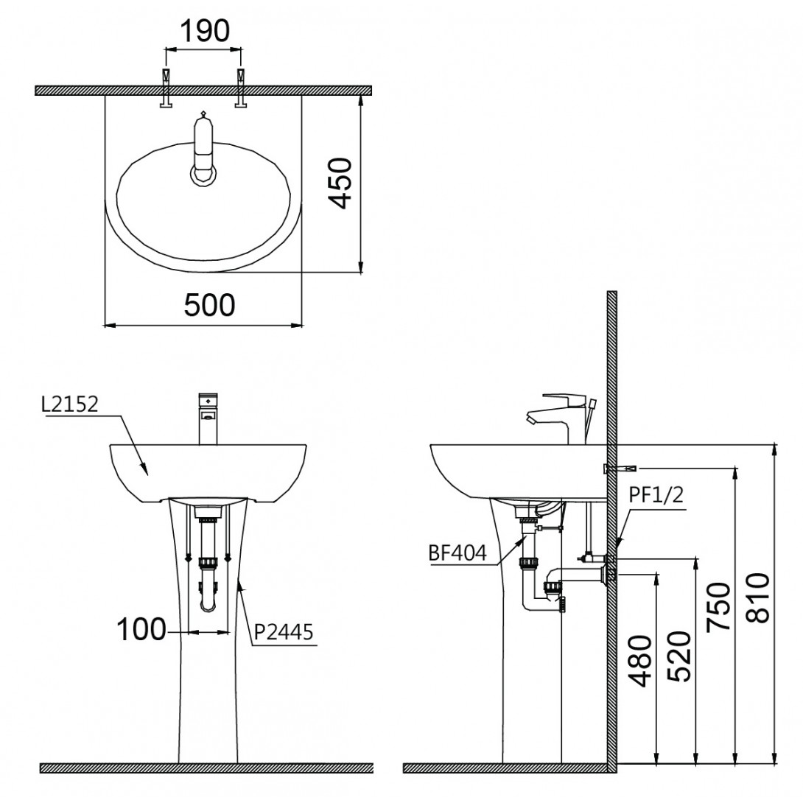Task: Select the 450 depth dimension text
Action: point(341,182)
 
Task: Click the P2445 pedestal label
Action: point(284,631)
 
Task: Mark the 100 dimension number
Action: point(141,631)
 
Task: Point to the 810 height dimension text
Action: point(759,597)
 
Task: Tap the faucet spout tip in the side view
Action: point(529,419)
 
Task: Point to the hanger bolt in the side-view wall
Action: point(617,469)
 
